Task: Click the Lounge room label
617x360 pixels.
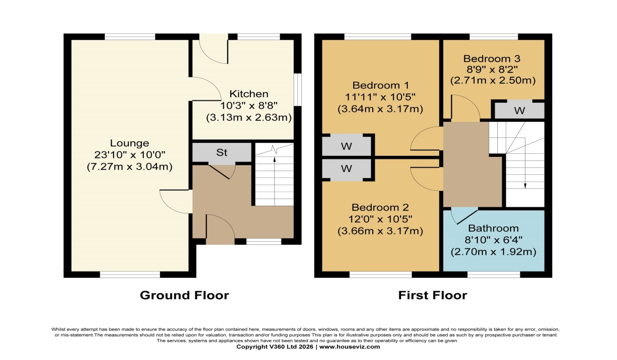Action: pos(130,143)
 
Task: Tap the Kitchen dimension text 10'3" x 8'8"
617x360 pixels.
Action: pos(249,106)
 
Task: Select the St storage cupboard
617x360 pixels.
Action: pos(222,153)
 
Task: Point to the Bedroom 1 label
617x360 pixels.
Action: pos(380,85)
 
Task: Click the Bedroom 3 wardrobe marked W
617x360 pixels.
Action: pos(519,111)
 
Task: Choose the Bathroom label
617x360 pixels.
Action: pos(493,228)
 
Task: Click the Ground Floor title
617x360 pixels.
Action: pos(184,295)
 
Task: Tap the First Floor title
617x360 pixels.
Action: pos(432,295)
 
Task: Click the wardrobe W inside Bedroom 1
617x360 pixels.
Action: pos(346,146)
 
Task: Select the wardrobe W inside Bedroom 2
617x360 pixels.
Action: pos(346,169)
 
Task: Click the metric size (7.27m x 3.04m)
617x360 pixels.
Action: pos(130,167)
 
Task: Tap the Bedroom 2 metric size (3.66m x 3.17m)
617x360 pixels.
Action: pos(380,231)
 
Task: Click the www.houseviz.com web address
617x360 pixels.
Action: pos(350,347)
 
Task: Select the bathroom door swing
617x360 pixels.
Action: pos(464,217)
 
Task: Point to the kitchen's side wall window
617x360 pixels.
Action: pos(298,90)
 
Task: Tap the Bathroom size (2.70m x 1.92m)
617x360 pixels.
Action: pos(493,252)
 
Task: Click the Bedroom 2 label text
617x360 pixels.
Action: pos(380,207)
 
